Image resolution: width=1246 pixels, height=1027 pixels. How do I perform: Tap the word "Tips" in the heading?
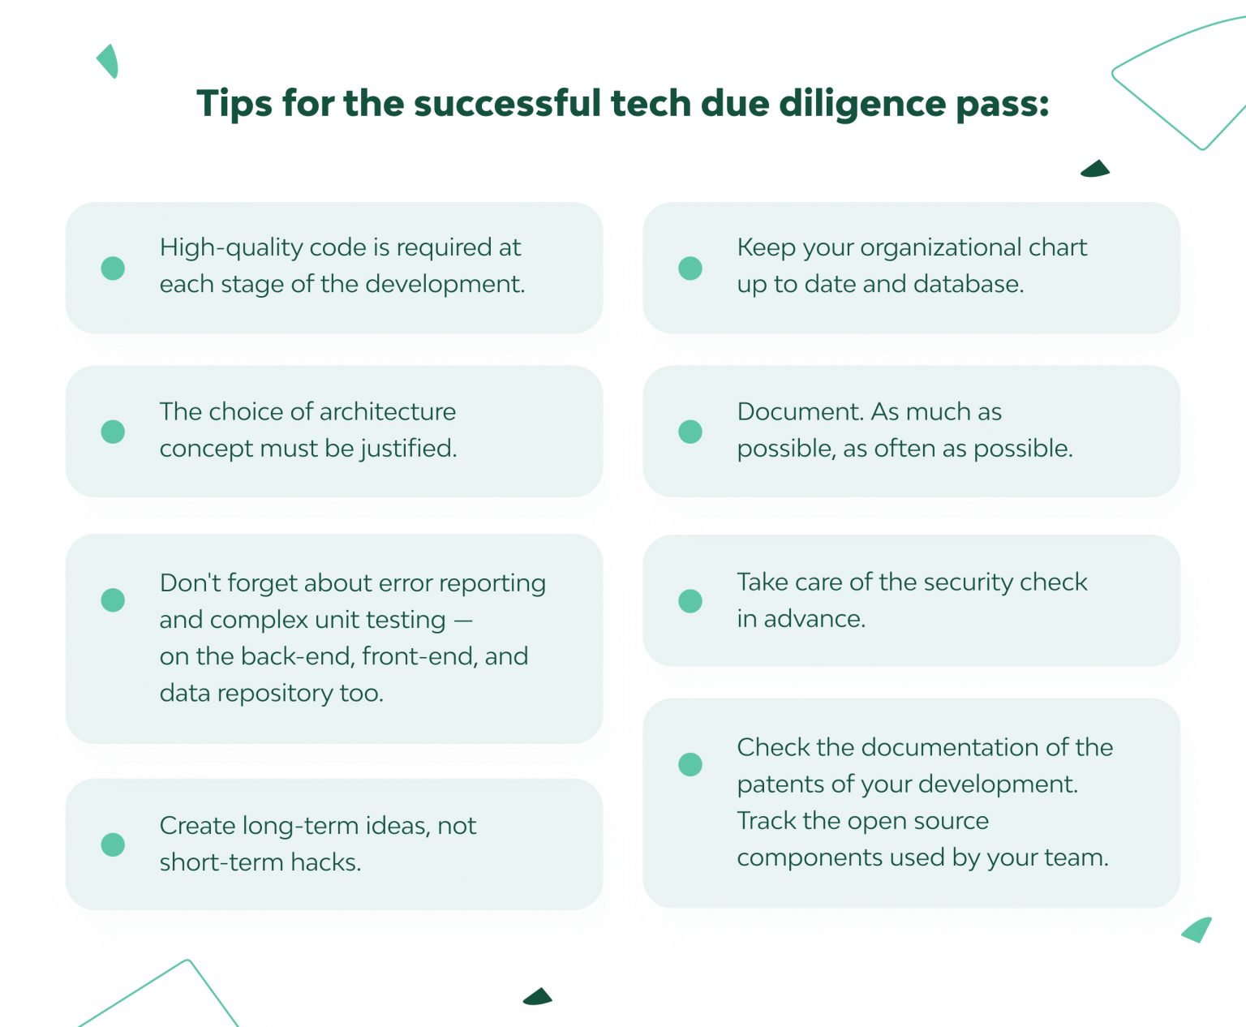click(234, 105)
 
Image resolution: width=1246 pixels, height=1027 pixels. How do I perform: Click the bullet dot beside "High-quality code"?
click(113, 268)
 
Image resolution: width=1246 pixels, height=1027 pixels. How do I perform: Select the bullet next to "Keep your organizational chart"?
click(690, 268)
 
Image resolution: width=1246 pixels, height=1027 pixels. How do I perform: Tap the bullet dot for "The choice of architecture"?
click(113, 432)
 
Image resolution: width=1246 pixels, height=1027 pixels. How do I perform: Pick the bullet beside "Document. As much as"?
click(690, 432)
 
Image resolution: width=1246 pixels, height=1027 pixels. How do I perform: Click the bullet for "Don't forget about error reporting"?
click(113, 600)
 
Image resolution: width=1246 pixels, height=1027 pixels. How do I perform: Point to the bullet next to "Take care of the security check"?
click(690, 601)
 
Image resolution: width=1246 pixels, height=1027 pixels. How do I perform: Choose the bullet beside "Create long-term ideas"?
click(113, 844)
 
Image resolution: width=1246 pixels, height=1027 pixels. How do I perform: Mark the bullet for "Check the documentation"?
click(690, 764)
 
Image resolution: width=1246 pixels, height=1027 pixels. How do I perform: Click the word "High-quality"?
click(226, 248)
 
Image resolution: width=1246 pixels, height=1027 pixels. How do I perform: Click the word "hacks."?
click(326, 862)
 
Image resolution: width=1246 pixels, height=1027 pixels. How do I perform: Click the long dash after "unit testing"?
click(463, 621)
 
